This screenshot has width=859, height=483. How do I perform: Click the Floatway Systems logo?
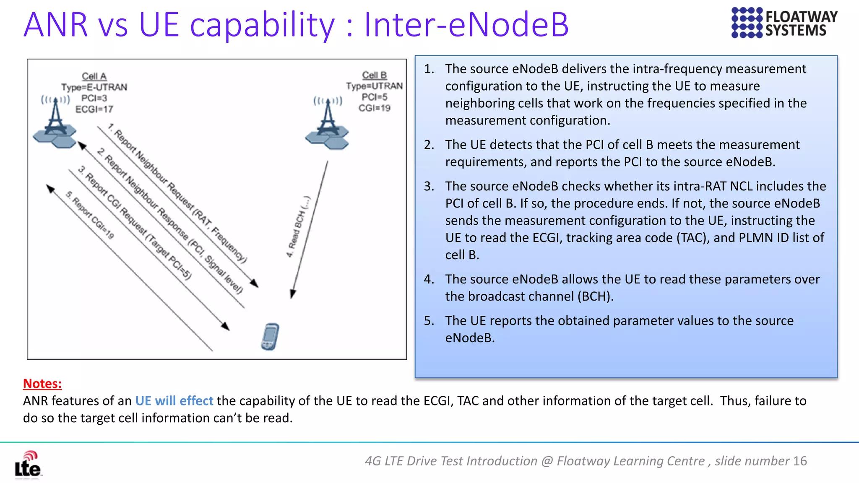(784, 23)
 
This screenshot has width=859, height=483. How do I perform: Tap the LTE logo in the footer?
(28, 465)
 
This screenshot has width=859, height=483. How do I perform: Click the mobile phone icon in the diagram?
(270, 337)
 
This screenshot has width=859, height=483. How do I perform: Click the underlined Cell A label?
(94, 76)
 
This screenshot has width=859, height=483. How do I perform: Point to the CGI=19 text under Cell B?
(374, 108)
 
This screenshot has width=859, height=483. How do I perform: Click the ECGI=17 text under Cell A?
(94, 109)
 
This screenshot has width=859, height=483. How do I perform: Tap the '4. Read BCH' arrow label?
(299, 226)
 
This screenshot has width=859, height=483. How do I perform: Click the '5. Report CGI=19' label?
(90, 215)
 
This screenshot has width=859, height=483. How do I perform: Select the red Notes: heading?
(42, 384)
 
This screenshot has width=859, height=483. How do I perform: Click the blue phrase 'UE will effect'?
(174, 401)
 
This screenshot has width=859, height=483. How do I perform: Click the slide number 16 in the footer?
(800, 461)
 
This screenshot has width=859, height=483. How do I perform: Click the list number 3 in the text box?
(429, 186)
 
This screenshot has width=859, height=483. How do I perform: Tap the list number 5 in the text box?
(429, 321)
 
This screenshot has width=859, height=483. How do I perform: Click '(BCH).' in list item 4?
(595, 296)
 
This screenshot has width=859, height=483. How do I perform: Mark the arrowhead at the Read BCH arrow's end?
(293, 294)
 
